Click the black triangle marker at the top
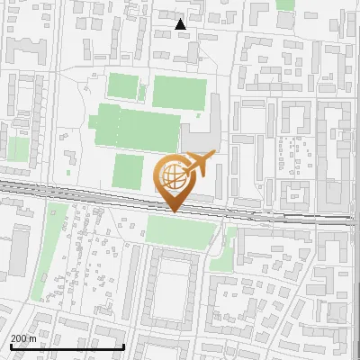pyautogui.click(x=181, y=24)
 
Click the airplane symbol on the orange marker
pyautogui.click(x=199, y=165)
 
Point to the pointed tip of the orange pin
pyautogui.click(x=174, y=211)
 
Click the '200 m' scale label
pyautogui.click(x=23, y=338)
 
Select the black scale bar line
pyautogui.click(x=67, y=346)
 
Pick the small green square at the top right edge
pyautogui.click(x=285, y=4)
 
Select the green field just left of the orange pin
pyautogui.click(x=128, y=171)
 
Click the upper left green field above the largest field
pyautogui.click(x=122, y=87)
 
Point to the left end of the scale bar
pyautogui.click(x=10, y=346)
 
